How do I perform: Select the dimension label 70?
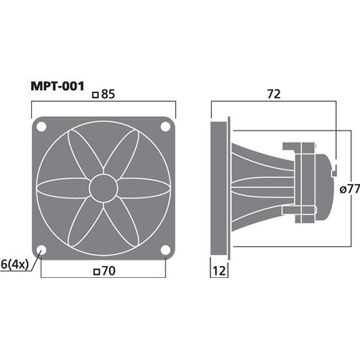(x=108, y=271)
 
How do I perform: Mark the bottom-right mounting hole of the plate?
(x=165, y=249)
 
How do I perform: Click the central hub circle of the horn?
(x=104, y=188)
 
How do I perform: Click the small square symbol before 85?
(x=96, y=95)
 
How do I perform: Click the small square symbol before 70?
(x=96, y=272)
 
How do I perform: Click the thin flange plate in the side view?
(x=230, y=188)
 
